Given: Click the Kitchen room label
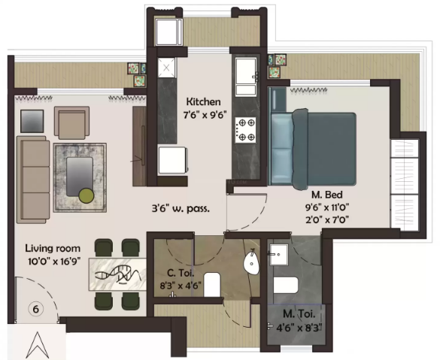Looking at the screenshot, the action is tap(203, 101).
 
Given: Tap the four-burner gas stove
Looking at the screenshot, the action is tap(245, 130).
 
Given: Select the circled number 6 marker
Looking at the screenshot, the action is tap(36, 309).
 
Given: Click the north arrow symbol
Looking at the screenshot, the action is tap(37, 344).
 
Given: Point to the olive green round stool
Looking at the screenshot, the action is tap(86, 195).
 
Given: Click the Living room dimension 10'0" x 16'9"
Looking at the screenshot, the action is tap(54, 262).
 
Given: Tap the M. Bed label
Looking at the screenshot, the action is tap(327, 195).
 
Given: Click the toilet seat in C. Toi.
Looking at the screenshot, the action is tap(212, 284).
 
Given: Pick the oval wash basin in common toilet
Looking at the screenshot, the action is tap(251, 263).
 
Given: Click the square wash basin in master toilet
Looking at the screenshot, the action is tap(278, 254).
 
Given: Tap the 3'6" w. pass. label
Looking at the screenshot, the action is tap(181, 209).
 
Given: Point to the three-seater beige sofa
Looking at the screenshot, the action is tap(33, 180).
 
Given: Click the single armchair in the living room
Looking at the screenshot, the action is tap(72, 123).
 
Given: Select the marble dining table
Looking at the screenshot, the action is tap(117, 274).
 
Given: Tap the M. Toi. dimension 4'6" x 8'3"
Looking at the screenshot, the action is tap(299, 328).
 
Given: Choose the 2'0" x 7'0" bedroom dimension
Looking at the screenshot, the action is tap(327, 219).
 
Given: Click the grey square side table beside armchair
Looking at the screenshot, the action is tap(32, 121).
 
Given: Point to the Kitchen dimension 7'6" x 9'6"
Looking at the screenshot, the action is tap(205, 115).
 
